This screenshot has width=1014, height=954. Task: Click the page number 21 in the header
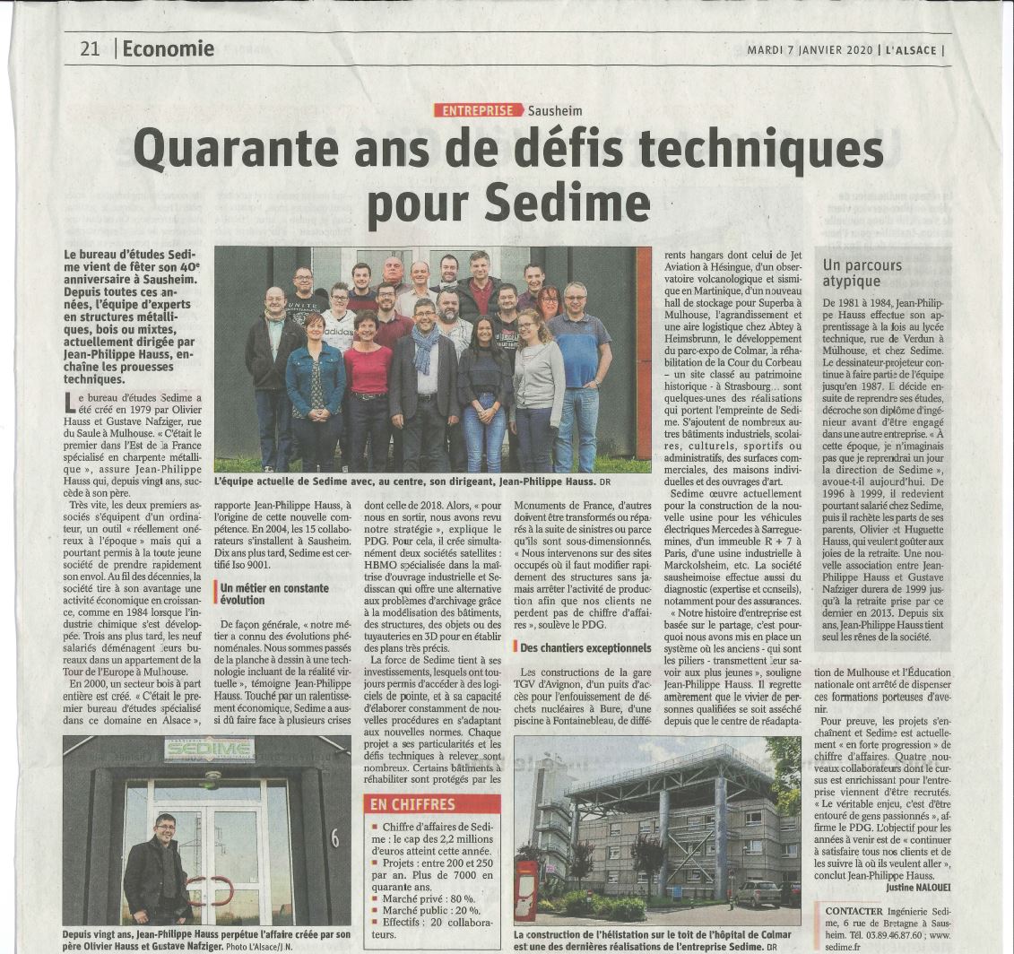(x=90, y=48)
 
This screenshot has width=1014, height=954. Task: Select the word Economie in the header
(x=168, y=48)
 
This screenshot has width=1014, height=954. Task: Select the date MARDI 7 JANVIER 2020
(x=810, y=50)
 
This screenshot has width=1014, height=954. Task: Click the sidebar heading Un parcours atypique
(x=862, y=273)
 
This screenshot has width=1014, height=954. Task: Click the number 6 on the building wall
(x=334, y=837)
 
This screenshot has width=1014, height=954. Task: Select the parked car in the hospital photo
(x=758, y=892)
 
